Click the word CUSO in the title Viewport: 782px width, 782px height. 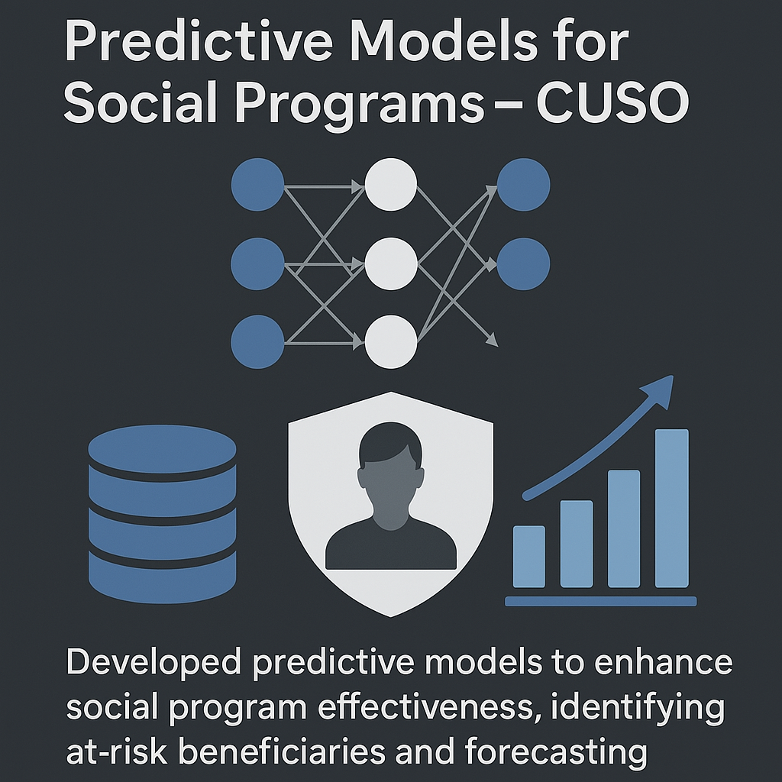pos(613,104)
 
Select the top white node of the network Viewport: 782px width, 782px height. pos(391,185)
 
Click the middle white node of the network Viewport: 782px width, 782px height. pos(391,263)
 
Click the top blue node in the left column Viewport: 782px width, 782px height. pos(258,185)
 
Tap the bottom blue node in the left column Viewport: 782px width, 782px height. pos(258,342)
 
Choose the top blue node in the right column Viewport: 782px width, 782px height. pos(524,185)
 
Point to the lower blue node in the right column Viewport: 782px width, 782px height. pos(524,263)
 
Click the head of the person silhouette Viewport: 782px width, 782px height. pos(391,473)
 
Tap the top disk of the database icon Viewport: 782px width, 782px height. pos(162,449)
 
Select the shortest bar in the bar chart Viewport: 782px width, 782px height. pos(529,557)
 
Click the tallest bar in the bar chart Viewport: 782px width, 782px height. pos(672,508)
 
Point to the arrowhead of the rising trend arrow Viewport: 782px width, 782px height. pos(658,392)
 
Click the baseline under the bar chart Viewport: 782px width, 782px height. pos(601,601)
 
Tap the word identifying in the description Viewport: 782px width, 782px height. pos(638,708)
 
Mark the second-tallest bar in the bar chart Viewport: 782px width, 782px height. pos(624,528)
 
